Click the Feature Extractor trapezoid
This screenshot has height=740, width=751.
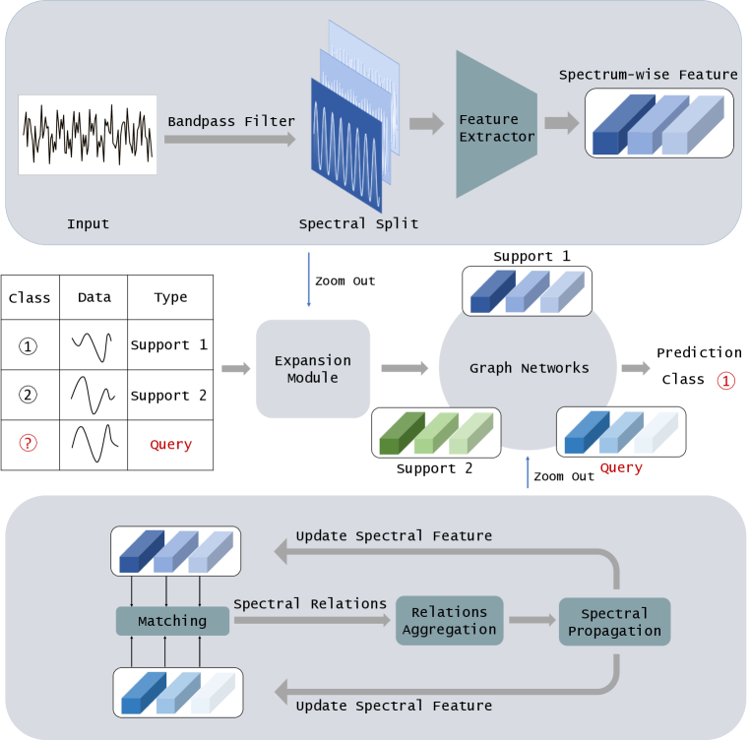[x=496, y=124]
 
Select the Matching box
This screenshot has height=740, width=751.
[x=172, y=621]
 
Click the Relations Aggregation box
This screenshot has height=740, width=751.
[x=449, y=621]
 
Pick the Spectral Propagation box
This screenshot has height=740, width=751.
[x=614, y=622]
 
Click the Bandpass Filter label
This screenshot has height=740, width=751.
[x=231, y=121]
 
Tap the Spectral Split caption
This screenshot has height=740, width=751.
[x=358, y=223]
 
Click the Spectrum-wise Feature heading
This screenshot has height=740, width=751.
[x=648, y=75]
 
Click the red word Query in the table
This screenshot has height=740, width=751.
[x=170, y=445]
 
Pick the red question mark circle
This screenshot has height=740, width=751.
[x=29, y=444]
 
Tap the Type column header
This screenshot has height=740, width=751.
[x=170, y=297]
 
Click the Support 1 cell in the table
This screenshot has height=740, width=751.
[x=169, y=345]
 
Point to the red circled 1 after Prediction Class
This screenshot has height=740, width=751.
[x=725, y=380]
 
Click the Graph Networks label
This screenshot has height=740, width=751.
[x=529, y=368]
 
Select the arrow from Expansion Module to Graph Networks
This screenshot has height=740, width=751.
[x=404, y=369]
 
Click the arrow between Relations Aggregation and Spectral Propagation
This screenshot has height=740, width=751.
[x=530, y=621]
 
